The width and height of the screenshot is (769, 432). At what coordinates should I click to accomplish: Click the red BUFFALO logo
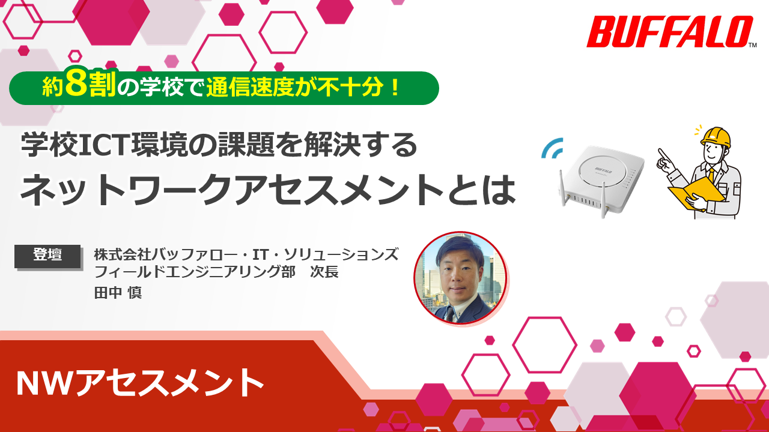tap(669, 32)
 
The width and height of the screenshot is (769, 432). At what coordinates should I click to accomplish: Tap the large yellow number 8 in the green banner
tap(76, 83)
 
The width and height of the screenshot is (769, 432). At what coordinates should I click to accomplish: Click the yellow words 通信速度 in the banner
tap(251, 88)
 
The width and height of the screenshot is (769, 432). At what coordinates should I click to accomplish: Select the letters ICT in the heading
tap(104, 145)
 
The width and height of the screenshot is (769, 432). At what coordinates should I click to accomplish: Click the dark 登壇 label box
tap(47, 256)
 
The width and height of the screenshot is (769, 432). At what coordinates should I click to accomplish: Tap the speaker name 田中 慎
tap(118, 292)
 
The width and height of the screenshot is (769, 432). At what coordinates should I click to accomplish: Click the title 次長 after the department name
tap(324, 272)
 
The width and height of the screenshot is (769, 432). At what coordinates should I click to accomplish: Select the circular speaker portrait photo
tap(460, 278)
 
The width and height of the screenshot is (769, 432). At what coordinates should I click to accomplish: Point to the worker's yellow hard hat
tap(716, 138)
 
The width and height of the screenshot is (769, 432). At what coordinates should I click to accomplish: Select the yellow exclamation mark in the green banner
tap(395, 88)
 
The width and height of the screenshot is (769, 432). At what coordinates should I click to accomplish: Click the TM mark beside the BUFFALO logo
tap(752, 45)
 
